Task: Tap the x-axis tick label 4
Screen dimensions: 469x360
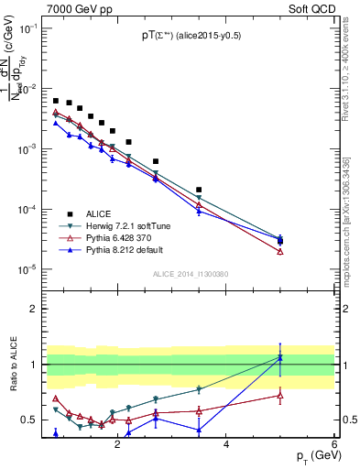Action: (226, 444)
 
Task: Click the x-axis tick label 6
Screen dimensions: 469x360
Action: (334, 444)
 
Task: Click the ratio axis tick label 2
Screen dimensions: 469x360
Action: (34, 309)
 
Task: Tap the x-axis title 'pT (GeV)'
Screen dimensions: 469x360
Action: (311, 456)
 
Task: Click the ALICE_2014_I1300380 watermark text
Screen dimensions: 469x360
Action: (189, 274)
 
